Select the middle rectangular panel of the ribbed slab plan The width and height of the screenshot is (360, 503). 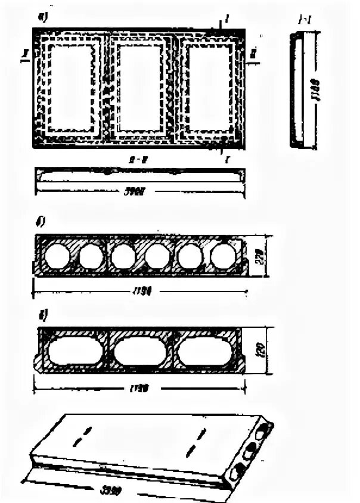141,88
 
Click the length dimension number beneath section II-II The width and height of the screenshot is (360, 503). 139,192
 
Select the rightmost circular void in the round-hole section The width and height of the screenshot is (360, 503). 222,256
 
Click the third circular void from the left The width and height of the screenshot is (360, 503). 123,257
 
